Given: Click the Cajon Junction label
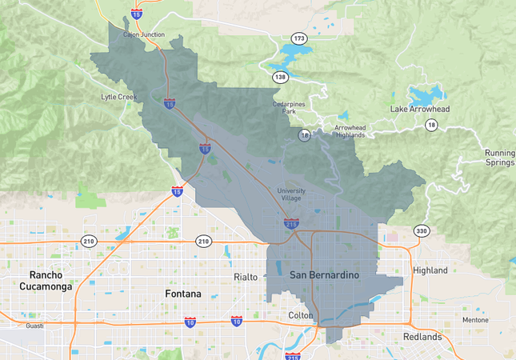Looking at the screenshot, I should click(144, 34).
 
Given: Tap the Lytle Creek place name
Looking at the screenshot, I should click(118, 97).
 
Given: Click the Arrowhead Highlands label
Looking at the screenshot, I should click(354, 131).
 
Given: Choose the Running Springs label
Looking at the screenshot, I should click(499, 158).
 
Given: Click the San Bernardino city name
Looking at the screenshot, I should click(324, 275).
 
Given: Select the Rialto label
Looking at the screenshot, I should click(246, 277).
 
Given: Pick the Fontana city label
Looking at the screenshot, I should click(183, 294).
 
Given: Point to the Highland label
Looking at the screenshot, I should click(430, 270).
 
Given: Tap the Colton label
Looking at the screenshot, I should click(301, 315).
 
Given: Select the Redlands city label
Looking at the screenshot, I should click(422, 337).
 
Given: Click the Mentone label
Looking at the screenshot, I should click(475, 320).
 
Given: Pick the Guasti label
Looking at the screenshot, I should click(34, 326).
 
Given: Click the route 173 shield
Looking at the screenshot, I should click(299, 38).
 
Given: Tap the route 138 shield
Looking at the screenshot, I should click(280, 78).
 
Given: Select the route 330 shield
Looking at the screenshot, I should click(421, 231).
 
